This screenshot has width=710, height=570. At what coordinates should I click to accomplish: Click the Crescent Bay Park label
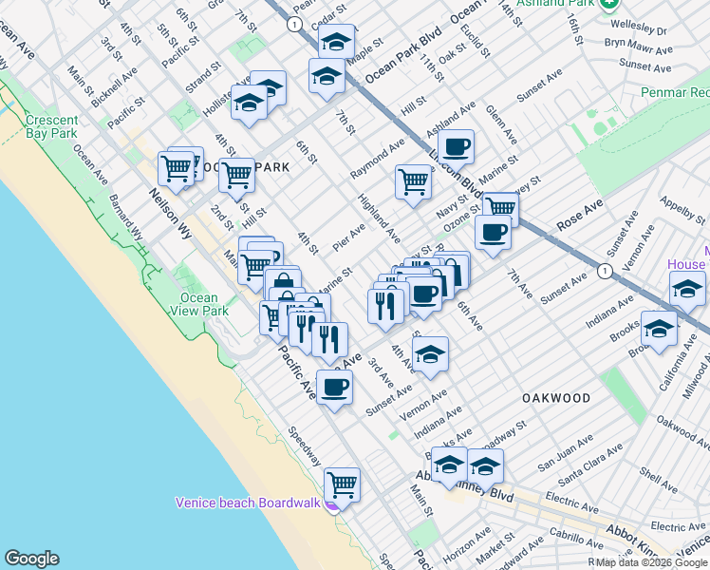pos(51,127)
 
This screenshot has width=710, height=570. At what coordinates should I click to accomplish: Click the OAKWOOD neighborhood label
pos(555,398)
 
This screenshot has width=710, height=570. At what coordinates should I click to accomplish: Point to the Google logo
pos(31,559)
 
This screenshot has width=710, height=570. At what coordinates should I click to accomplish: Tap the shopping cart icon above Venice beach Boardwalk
pos(342,484)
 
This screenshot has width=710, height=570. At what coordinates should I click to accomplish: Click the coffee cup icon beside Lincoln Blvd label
pos(457,146)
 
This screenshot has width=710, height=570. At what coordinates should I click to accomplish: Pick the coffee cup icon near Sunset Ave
pos(334,387)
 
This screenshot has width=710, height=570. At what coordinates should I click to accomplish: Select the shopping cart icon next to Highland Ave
pos(413,180)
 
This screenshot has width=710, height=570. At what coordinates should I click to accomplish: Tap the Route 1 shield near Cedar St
pos(296,23)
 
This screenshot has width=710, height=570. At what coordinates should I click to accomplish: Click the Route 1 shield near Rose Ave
pos(604,272)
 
